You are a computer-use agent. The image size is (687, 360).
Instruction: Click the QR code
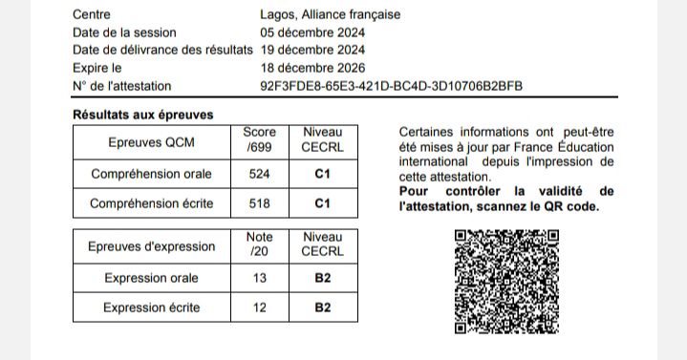click(x=506, y=281)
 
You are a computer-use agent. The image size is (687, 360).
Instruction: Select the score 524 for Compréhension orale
click(x=260, y=175)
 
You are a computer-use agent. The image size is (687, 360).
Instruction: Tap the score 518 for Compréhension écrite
click(x=260, y=203)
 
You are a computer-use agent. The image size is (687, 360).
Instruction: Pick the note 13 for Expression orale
click(x=260, y=279)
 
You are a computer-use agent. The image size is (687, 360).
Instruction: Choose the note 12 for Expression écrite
click(x=260, y=307)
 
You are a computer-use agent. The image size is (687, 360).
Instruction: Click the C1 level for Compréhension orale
click(x=322, y=175)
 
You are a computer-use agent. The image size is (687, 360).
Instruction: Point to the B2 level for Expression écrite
click(x=322, y=307)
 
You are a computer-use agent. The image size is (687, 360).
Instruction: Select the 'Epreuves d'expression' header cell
click(x=152, y=246)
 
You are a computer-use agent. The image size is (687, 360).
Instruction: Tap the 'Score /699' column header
click(x=260, y=140)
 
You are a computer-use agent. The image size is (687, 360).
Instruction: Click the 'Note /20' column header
click(x=260, y=244)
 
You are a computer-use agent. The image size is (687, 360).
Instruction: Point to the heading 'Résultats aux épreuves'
click(x=143, y=115)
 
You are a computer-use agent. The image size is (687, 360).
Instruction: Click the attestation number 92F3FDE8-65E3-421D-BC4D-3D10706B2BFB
click(x=392, y=86)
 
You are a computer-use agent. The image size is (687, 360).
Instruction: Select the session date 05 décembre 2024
click(x=312, y=32)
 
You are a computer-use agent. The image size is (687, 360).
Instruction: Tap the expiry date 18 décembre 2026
click(x=312, y=68)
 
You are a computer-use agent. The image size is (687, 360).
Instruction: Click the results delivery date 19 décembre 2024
click(x=312, y=50)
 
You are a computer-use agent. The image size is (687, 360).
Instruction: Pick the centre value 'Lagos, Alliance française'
click(x=331, y=14)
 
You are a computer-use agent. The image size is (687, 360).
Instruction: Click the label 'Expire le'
click(x=97, y=68)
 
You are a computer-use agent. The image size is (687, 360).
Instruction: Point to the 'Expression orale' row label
click(x=152, y=279)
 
